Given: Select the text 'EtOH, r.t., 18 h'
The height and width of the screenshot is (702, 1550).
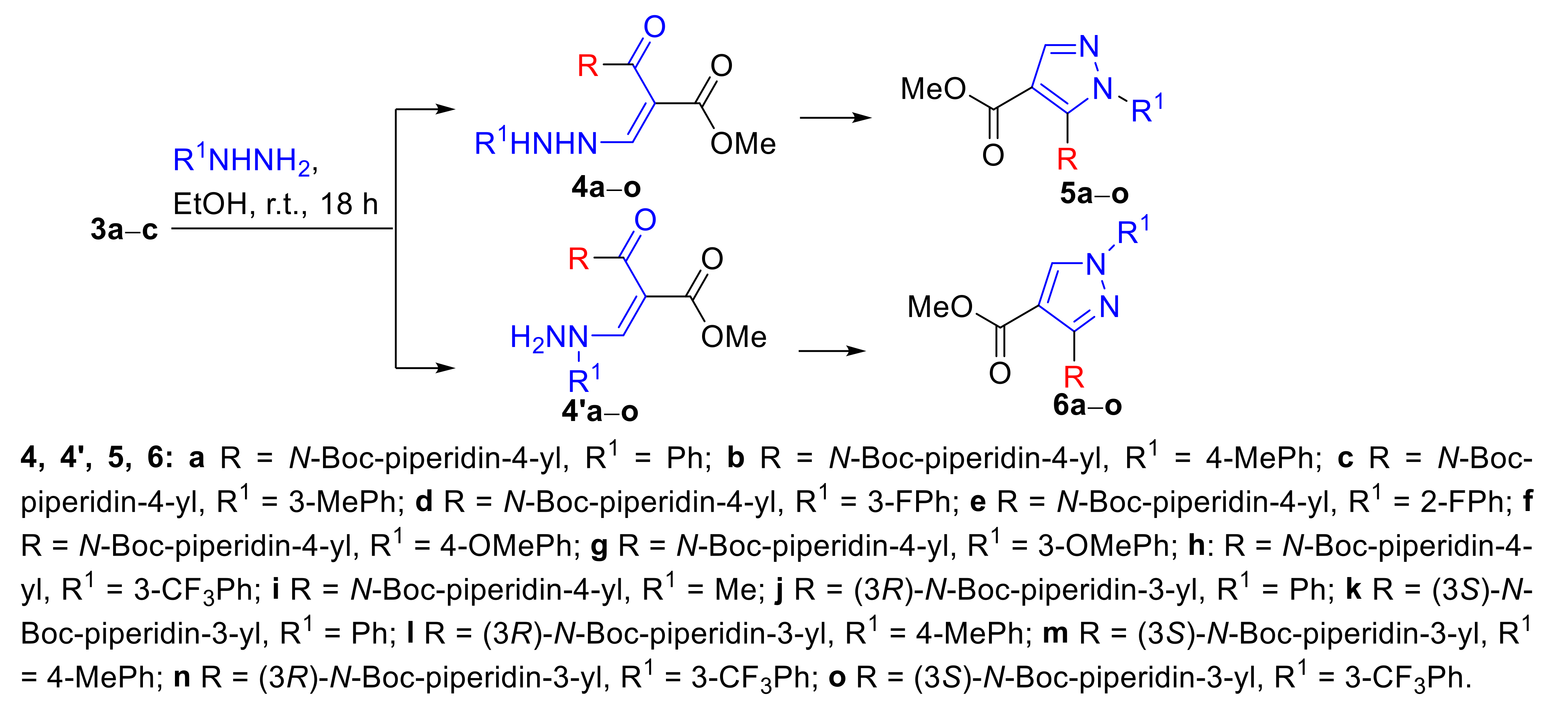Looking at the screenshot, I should pos(276,205).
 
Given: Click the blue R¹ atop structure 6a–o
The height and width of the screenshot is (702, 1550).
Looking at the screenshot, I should pos(1133,232).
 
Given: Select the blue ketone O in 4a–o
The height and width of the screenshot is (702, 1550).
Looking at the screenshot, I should pos(654,27).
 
